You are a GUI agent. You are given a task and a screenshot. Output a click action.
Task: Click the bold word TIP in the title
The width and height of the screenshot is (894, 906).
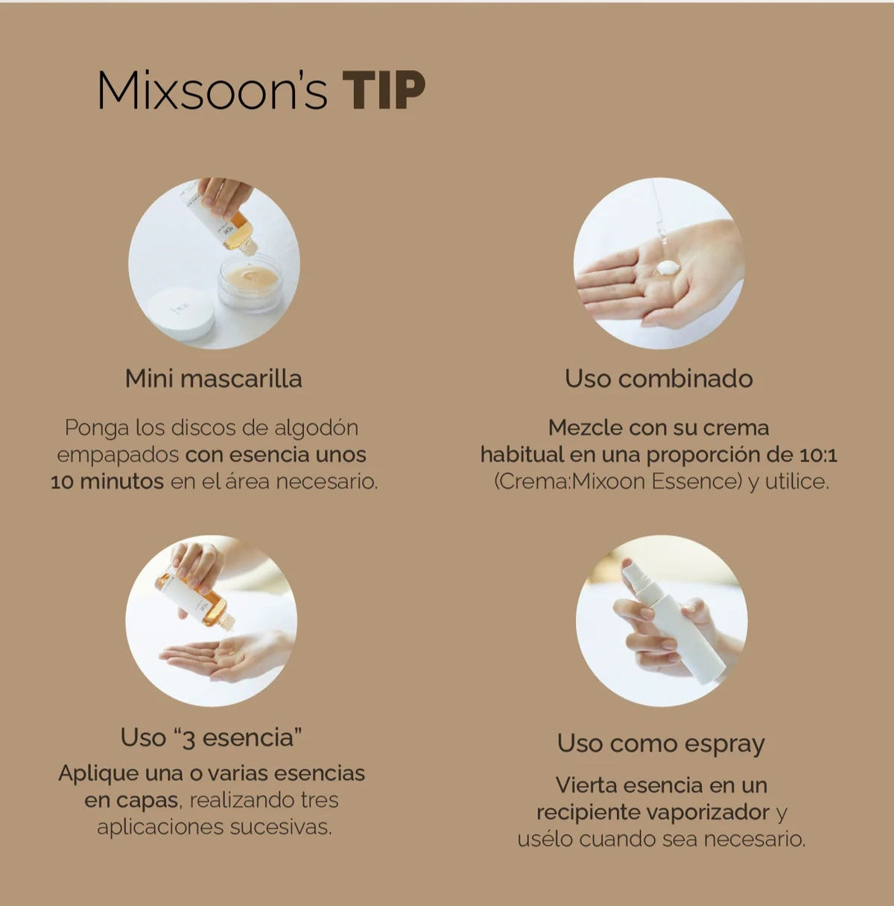tap(384, 91)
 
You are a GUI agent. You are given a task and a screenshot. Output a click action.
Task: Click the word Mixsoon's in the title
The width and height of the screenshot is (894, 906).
tap(212, 91)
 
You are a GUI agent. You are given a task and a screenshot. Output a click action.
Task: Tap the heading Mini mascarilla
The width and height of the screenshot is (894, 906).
tap(214, 378)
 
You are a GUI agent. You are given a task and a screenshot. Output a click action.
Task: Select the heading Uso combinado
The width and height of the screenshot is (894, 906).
tap(659, 378)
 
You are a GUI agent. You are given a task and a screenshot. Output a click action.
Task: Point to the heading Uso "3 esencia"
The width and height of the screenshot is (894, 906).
tap(212, 738)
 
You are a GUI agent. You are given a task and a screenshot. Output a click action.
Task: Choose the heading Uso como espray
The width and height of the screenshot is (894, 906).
tap(661, 744)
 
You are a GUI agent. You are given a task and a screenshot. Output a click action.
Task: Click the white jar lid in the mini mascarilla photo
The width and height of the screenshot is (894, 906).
tap(181, 314)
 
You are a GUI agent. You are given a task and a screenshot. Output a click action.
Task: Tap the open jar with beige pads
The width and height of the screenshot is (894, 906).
tap(250, 282)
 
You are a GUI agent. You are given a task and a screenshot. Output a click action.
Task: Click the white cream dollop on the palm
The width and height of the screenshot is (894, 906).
tap(667, 268)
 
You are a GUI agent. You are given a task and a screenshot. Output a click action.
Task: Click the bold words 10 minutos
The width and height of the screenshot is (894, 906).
tap(107, 482)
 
